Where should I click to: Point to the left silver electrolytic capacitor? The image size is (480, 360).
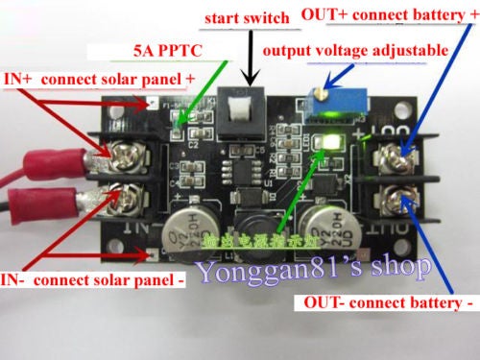tap(188, 234)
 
